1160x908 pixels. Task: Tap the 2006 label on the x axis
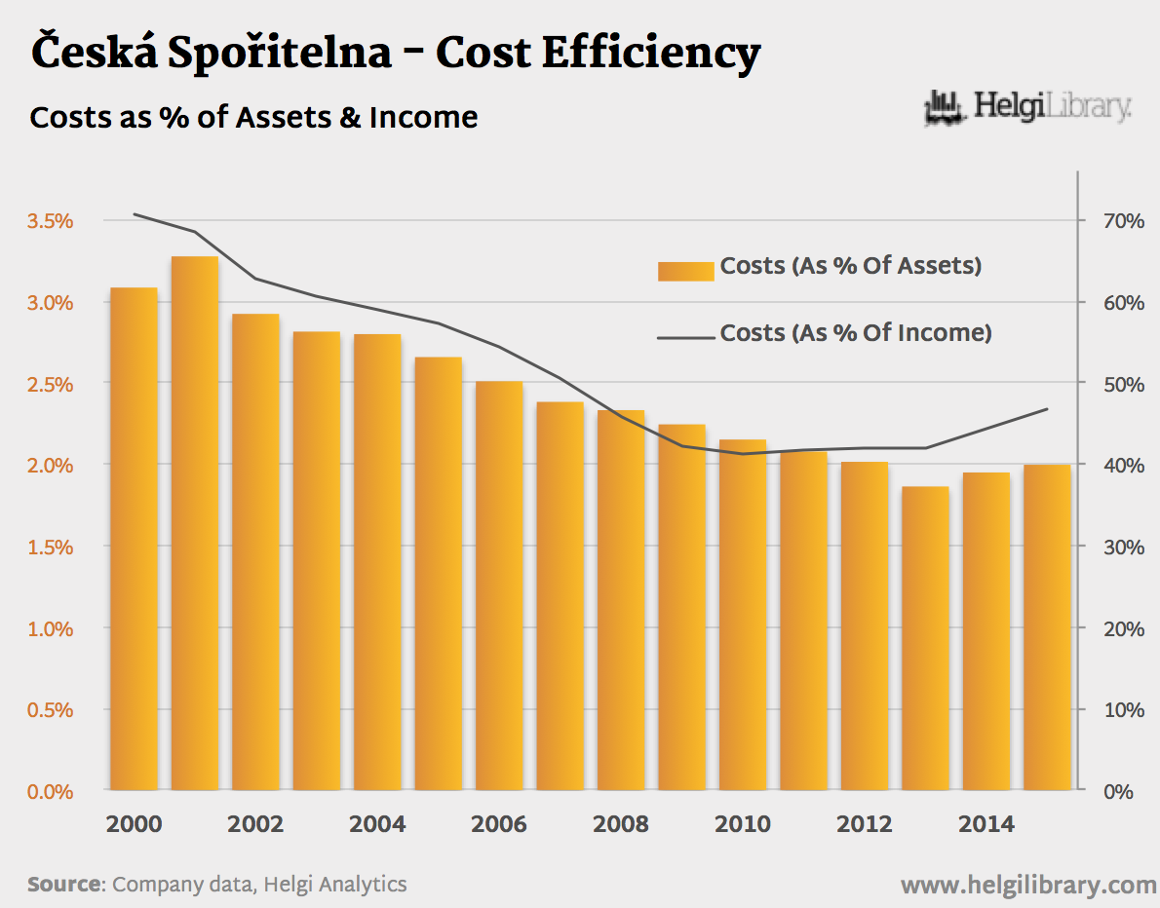[499, 824]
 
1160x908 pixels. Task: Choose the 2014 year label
[986, 824]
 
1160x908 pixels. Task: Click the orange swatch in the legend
[686, 270]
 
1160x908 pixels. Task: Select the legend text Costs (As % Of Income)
[856, 333]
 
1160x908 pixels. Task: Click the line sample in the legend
[686, 337]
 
